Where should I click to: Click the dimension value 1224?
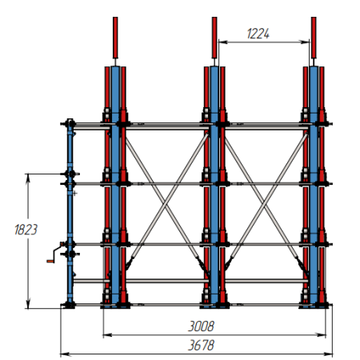pos(258,34)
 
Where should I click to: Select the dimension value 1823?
pos(26,230)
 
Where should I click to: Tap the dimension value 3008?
pos(201,326)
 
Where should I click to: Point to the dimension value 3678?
pos(201,346)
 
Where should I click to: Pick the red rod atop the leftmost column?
pos(115,38)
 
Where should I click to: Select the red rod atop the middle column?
pos(214,38)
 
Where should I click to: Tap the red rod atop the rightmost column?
pos(314,38)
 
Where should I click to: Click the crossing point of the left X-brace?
pos(166,204)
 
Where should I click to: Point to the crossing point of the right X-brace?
pos(266,204)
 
